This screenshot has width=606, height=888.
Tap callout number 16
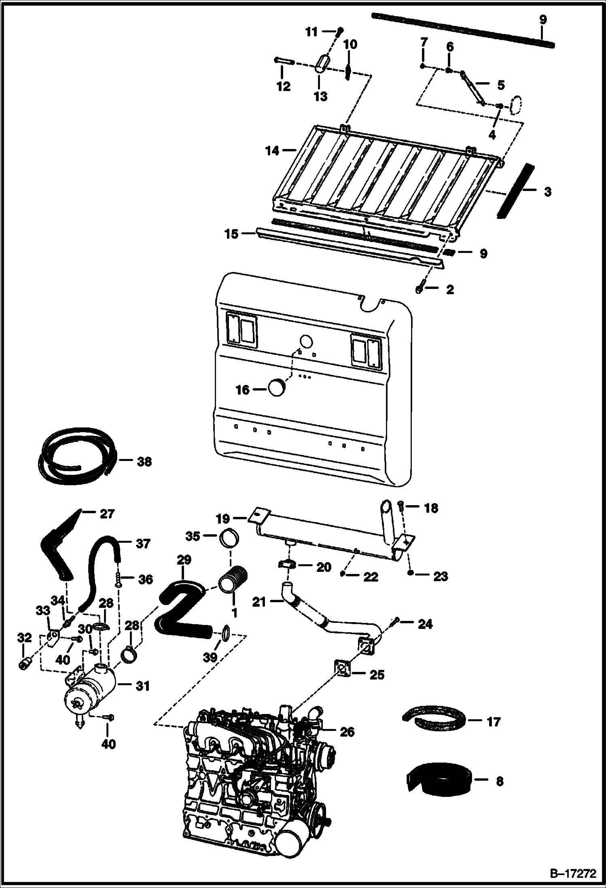pos(243,390)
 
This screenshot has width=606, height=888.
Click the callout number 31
pos(143,686)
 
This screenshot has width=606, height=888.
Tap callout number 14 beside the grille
pos(272,151)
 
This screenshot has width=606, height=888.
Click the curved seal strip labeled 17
pos(435,721)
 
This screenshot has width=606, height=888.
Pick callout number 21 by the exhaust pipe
pos(259,602)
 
